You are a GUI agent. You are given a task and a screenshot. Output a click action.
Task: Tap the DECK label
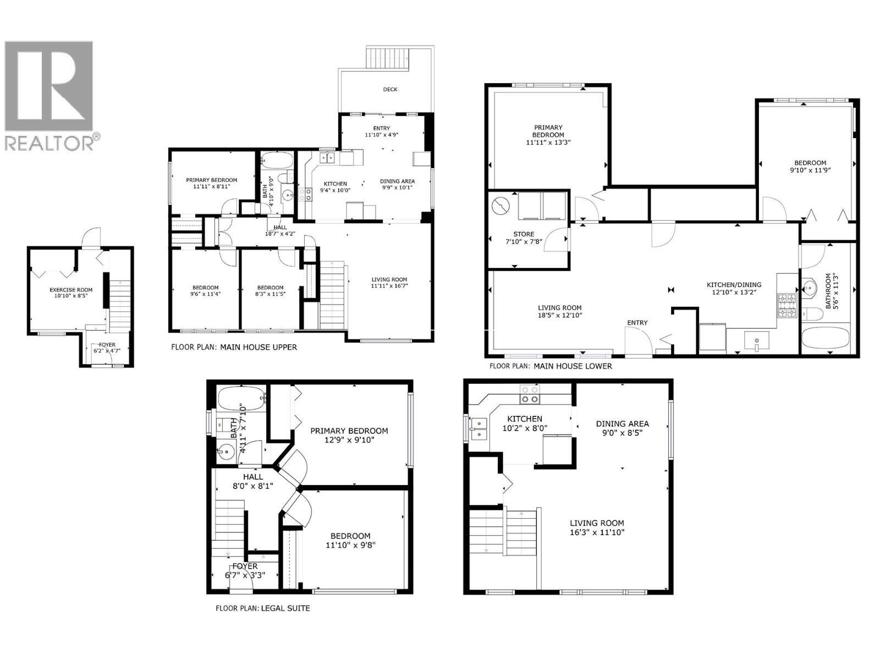tap(390, 89)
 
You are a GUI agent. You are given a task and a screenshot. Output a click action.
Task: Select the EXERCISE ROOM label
tap(71, 290)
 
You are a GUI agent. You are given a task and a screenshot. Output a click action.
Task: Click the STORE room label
tap(524, 234)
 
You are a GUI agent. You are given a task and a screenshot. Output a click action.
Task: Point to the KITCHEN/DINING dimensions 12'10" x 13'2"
tap(734, 292)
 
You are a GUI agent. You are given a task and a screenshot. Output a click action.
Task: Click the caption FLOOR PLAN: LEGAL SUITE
tap(262, 608)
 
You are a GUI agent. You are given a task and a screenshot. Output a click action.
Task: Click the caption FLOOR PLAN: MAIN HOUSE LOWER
tap(551, 366)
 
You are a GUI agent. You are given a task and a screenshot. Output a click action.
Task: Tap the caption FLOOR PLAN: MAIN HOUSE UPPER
tap(234, 347)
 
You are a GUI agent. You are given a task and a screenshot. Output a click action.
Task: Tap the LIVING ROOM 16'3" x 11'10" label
tap(597, 527)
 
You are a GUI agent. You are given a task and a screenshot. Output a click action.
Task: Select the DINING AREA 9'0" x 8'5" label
tap(622, 428)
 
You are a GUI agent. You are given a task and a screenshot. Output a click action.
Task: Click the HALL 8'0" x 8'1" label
tap(253, 481)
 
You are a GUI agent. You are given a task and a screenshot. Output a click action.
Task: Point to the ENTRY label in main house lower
tap(637, 323)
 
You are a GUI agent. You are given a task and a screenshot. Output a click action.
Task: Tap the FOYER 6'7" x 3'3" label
tap(245, 570)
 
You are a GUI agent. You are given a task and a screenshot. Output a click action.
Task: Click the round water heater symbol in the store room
tap(501, 207)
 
